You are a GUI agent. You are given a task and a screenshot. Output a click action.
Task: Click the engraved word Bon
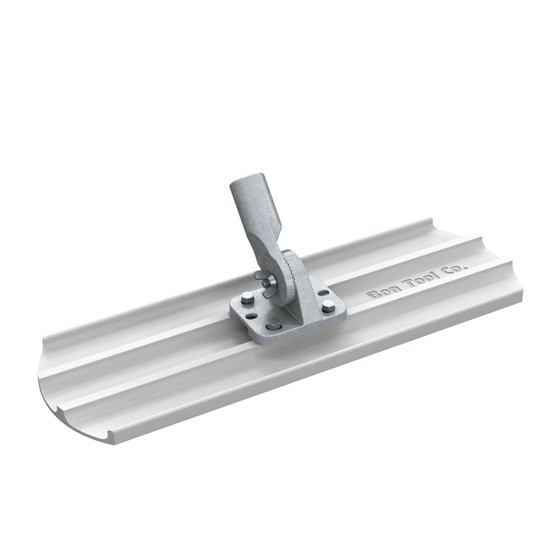[376, 294]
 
